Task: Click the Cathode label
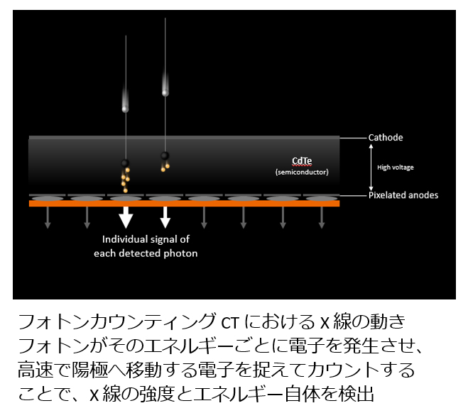click(386, 138)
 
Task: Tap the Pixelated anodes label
click(403, 195)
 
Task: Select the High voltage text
click(395, 167)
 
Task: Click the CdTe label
click(302, 161)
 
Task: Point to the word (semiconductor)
click(302, 172)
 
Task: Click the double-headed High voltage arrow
click(371, 167)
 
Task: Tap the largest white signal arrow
click(126, 217)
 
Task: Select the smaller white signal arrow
click(165, 217)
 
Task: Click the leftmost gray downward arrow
click(48, 217)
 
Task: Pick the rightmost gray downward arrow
click(322, 217)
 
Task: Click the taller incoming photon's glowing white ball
click(165, 93)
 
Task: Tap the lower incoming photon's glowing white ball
click(126, 109)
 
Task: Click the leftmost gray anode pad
click(48, 198)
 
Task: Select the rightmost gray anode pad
click(322, 198)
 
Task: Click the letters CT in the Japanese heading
click(230, 322)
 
